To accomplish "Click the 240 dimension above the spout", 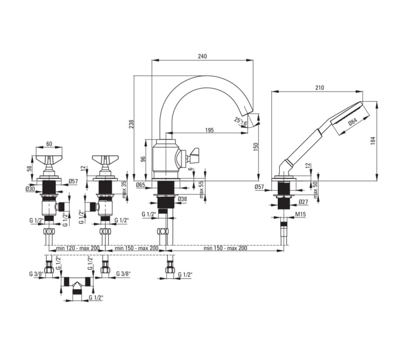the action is point(202,56).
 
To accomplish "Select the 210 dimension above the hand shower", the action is point(319,88).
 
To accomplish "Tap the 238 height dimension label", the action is point(131,124).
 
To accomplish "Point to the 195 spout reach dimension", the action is point(209,130).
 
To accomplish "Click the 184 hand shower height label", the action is point(373,140).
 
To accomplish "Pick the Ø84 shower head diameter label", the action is point(353,122).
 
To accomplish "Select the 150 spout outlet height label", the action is point(255,147).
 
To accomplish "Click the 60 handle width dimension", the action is point(49,144).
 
